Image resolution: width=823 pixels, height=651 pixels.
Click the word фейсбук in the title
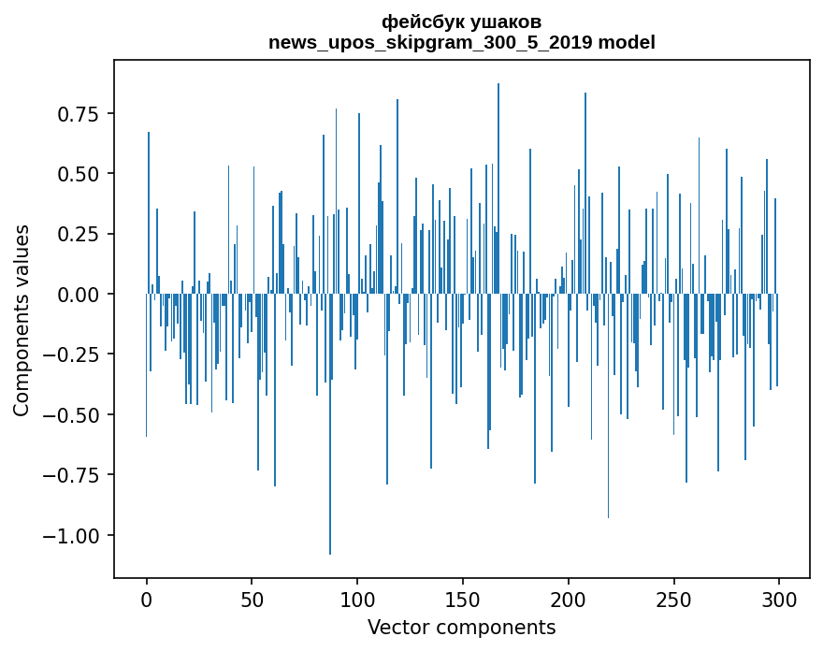419,22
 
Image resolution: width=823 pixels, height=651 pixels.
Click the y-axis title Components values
22,320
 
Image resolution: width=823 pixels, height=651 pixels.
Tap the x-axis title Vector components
461,627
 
